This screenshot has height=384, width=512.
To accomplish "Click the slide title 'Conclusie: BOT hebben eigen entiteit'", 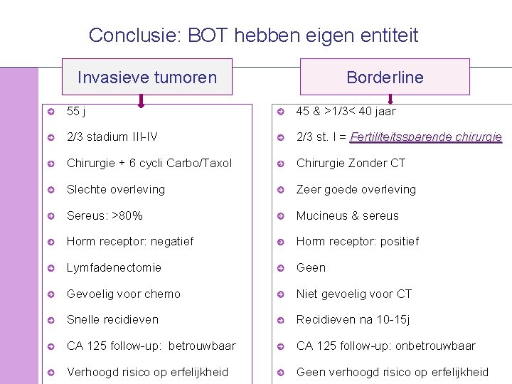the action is [x=254, y=35].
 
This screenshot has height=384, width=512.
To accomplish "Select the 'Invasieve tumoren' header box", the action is [x=147, y=77].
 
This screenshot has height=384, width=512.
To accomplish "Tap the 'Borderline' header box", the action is [x=385, y=77].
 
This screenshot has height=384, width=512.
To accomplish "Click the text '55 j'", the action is [x=77, y=111].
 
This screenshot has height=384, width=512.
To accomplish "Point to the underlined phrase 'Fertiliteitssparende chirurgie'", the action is [x=426, y=137].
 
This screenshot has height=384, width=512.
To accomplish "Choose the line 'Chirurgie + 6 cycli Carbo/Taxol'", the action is [x=149, y=163].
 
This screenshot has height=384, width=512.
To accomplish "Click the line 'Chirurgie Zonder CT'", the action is [x=351, y=163].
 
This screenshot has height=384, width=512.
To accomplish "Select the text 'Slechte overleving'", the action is [x=116, y=189].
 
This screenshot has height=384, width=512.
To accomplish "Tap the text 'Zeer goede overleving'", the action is [x=356, y=189].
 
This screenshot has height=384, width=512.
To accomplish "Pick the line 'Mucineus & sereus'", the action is [x=347, y=215].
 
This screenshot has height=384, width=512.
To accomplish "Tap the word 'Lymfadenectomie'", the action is [x=114, y=267].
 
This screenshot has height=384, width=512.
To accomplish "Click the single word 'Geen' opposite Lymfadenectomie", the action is [x=311, y=267].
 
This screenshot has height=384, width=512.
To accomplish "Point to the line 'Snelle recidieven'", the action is [x=112, y=320].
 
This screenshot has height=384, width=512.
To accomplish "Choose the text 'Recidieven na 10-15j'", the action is [x=353, y=320].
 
